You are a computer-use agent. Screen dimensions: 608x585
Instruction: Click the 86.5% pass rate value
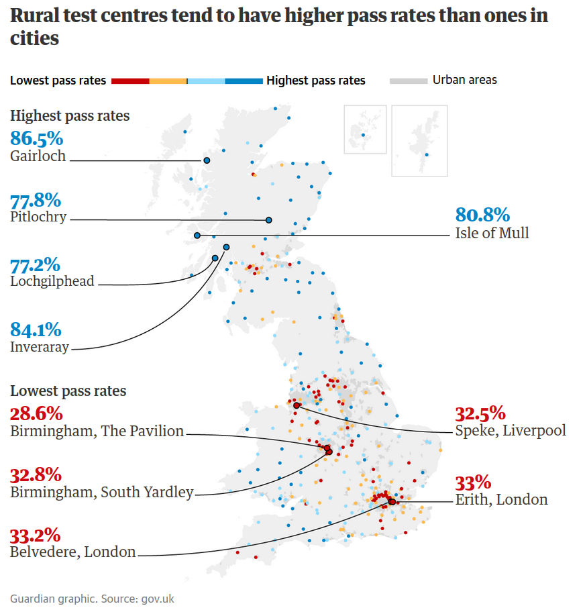tap(37, 139)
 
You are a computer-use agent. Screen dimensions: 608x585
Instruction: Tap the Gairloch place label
tap(38, 156)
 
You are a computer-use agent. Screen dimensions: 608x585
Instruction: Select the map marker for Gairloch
tap(207, 160)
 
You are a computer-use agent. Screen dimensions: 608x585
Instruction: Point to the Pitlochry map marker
tap(268, 220)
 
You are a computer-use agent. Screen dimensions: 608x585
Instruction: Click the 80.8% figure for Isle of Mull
tap(482, 215)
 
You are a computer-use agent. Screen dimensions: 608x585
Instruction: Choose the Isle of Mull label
tap(492, 233)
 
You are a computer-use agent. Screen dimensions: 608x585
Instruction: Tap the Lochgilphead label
tap(52, 281)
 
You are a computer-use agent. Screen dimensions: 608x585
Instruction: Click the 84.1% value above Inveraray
tap(36, 330)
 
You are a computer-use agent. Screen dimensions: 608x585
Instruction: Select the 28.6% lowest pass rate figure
tap(36, 413)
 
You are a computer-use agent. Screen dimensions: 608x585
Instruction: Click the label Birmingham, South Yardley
tap(101, 493)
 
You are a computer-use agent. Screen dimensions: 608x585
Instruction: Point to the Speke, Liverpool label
tap(510, 430)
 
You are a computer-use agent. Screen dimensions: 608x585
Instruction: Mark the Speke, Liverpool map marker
tap(297, 405)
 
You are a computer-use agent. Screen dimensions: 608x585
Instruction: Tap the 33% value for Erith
tap(473, 483)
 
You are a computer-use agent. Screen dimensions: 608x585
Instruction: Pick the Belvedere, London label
tap(73, 552)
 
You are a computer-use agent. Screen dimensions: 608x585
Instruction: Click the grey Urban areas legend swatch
tap(409, 81)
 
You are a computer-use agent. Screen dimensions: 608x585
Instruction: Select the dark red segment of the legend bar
tap(130, 81)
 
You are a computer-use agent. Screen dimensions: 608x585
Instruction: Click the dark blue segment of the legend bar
tap(244, 81)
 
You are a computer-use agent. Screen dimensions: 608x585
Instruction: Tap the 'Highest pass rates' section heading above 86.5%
tap(70, 116)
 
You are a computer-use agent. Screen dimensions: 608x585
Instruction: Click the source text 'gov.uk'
tap(158, 599)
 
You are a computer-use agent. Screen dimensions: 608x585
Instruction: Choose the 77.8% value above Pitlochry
tap(36, 200)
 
